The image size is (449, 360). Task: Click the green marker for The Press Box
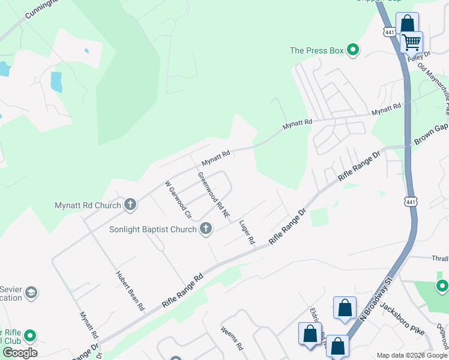pos(353,50)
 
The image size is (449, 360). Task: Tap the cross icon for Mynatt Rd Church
pos(129,205)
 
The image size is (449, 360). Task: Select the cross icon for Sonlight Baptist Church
pos(205,229)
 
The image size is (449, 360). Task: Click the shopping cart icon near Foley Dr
pos(412,42)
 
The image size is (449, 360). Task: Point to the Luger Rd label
pos(247,233)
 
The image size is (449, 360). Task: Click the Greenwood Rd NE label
pos(214,195)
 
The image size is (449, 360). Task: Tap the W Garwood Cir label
pos(178,199)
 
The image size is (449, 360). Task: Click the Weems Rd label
pos(231,338)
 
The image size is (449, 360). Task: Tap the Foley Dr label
pos(415,58)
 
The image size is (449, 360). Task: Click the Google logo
pos(20,353)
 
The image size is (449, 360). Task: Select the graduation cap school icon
pos(31,293)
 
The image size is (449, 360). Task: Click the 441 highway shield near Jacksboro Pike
pos(411,203)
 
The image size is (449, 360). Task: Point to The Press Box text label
pos(317,50)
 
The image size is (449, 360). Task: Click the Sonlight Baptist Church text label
pos(152,229)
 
